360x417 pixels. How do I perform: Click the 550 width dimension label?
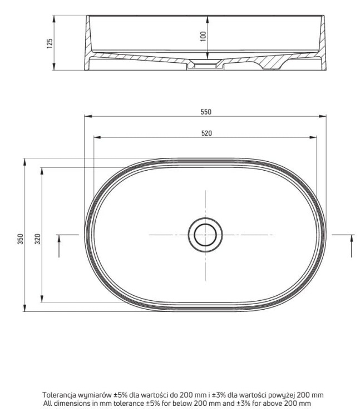point(206,112)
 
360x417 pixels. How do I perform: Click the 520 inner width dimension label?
point(206,133)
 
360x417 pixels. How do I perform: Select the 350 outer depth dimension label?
point(21,239)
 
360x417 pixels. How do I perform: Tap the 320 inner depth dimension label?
point(38,239)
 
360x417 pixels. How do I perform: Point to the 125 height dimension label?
point(50,43)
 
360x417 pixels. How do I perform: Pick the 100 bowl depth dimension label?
point(203,37)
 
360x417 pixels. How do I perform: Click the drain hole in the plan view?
point(205,235)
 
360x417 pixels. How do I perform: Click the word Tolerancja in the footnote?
point(59,395)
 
